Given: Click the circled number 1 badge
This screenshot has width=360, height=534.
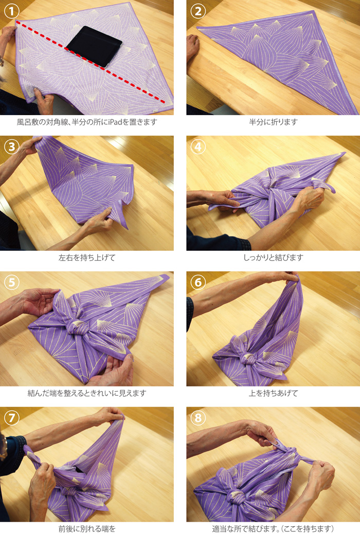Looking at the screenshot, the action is click(x=12, y=12).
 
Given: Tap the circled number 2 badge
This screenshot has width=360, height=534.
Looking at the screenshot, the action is click(x=198, y=12).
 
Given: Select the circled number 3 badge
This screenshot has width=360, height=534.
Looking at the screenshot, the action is click(x=12, y=147).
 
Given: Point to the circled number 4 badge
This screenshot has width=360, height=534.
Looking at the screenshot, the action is click(x=198, y=147).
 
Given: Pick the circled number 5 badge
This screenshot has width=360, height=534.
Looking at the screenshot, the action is click(x=12, y=282).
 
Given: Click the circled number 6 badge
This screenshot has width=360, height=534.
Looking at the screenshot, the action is click(x=198, y=282).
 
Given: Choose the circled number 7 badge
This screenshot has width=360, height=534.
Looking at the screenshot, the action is click(x=12, y=417).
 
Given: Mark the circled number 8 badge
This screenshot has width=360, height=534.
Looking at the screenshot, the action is click(x=198, y=417).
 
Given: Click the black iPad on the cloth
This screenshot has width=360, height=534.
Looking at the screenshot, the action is click(x=94, y=46).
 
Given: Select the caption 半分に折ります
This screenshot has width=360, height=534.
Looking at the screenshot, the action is click(x=274, y=122).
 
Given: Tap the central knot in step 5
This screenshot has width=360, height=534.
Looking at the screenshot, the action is click(x=77, y=327).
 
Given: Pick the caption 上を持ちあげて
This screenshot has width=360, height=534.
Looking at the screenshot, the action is click(x=274, y=393).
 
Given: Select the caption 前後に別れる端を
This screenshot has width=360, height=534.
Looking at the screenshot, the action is click(x=87, y=529).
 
